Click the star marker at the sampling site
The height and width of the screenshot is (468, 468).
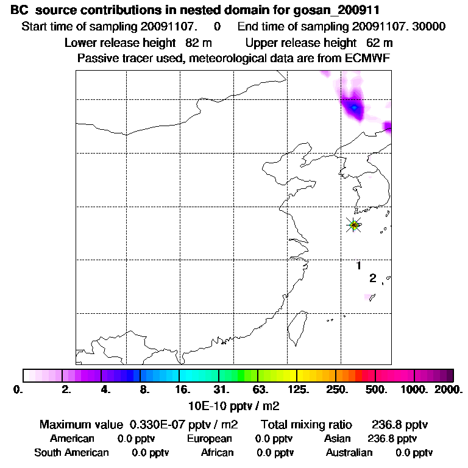[x=353, y=225]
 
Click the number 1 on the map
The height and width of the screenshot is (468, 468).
[x=359, y=266]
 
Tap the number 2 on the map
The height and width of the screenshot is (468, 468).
[x=372, y=278]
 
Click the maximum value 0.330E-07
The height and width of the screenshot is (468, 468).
[x=157, y=425]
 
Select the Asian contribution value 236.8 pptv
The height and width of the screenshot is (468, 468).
[x=392, y=439]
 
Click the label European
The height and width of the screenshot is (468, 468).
[x=210, y=439]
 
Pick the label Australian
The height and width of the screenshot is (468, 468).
[x=349, y=453]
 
